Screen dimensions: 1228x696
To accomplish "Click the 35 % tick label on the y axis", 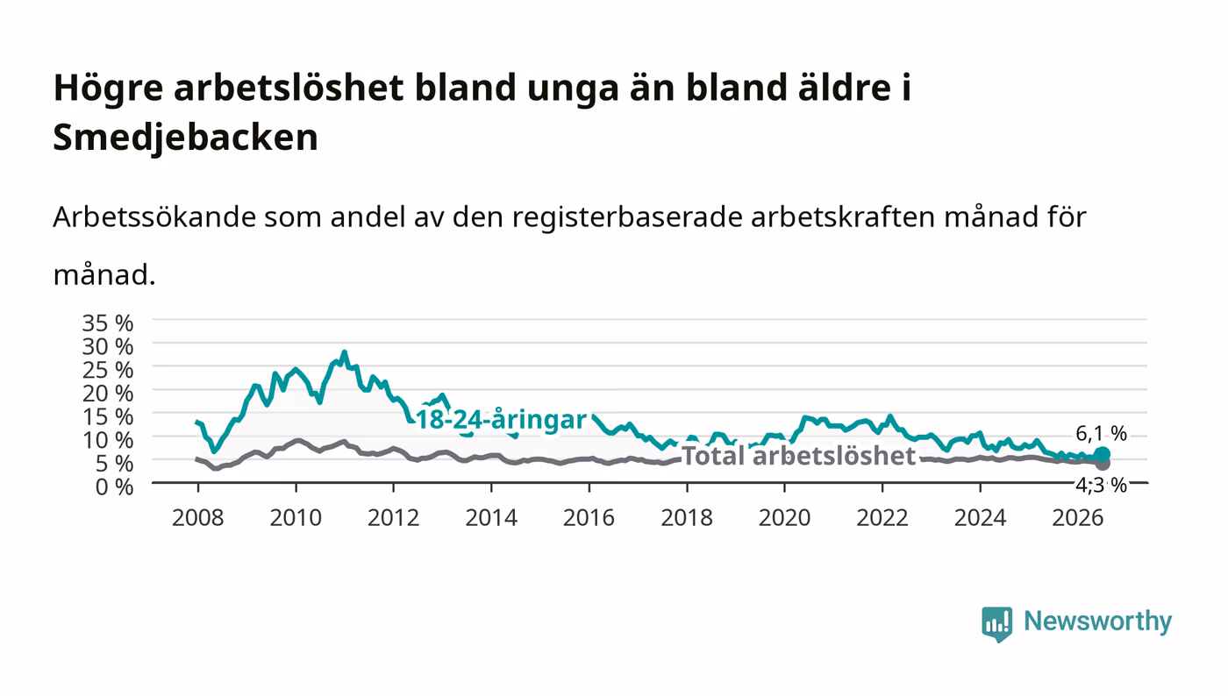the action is [107, 323].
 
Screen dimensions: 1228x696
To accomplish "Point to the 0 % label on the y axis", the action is [114, 486].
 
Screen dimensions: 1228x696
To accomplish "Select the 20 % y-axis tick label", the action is [107, 394].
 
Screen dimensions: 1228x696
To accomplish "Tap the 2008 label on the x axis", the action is [198, 518].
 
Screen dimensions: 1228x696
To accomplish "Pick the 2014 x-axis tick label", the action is [491, 518].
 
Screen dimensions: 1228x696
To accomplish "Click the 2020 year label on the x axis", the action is [784, 518].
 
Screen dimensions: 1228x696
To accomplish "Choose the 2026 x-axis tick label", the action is [1078, 518].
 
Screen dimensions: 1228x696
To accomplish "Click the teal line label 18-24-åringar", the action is [502, 420].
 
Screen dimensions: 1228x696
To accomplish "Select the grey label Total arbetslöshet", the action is [799, 456].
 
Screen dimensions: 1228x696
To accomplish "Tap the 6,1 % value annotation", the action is [1101, 434].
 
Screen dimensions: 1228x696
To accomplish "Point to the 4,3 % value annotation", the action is [1101, 485].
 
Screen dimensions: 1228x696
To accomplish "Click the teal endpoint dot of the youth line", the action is [1102, 455].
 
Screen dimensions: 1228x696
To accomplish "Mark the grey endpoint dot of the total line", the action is [1102, 464].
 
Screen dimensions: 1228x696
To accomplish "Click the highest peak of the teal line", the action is [344, 352].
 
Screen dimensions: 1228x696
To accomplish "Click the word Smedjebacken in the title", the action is [185, 138].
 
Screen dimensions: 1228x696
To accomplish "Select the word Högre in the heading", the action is [108, 89].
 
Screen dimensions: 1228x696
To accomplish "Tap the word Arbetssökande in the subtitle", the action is [154, 217].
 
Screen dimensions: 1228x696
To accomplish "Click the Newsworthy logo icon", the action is [996, 623].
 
